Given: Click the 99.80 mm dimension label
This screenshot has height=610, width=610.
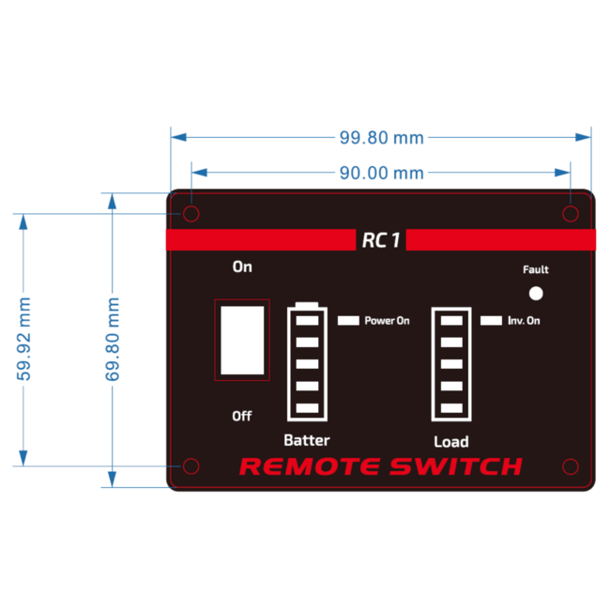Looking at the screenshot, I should pos(381,138).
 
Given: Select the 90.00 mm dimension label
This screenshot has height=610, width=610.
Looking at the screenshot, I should pos(381,173).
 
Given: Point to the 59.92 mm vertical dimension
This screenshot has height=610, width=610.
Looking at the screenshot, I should pos(24,339).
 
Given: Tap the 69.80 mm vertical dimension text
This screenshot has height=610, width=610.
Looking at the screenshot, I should pos(113,339).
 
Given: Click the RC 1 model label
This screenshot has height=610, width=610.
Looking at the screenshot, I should pos(381,240).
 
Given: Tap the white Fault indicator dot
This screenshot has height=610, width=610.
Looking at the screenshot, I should pos(536,293).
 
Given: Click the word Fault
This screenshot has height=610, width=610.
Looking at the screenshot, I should pos(536,270).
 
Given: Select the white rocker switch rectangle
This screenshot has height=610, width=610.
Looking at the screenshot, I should pos(242,339).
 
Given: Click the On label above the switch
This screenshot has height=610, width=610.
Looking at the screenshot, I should pos(242,267).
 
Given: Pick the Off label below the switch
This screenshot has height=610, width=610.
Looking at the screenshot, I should pos(242,416).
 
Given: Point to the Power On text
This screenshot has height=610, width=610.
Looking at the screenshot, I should pos(387,321).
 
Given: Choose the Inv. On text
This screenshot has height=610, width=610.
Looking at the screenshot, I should pos(524,321).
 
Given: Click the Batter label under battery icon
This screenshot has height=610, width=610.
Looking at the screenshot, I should pos(307,440).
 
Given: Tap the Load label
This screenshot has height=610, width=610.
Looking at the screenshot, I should pos(450,441).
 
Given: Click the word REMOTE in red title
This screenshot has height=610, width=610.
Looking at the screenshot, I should pos(310,466).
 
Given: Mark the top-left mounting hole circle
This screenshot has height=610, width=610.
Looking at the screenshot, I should pos(191,215).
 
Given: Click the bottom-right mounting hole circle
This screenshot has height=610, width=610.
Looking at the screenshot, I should pos(570,466).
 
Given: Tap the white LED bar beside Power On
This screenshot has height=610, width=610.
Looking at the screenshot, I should pos(348,321).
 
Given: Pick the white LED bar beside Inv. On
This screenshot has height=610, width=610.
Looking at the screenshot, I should pos(491,321).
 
